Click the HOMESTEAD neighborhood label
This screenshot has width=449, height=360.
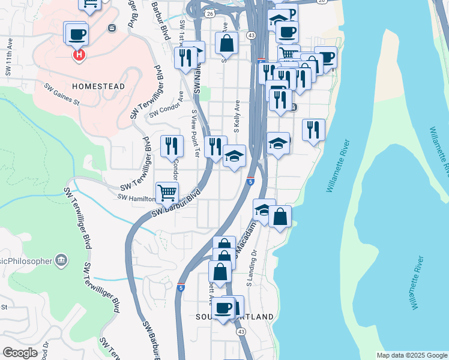click(x=98, y=86)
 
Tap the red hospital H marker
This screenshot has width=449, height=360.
click(x=78, y=56)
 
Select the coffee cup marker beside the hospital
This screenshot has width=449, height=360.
click(x=77, y=35)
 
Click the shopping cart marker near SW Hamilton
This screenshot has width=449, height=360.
click(x=167, y=193)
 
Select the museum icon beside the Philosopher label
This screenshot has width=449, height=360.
click(x=61, y=260)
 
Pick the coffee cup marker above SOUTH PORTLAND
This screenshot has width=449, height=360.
click(x=224, y=308)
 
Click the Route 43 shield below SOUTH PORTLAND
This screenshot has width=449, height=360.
click(x=241, y=331)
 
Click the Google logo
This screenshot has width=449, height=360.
click(x=20, y=353)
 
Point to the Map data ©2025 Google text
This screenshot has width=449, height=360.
click(x=411, y=355)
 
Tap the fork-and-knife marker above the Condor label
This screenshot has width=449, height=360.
click(x=172, y=146)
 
